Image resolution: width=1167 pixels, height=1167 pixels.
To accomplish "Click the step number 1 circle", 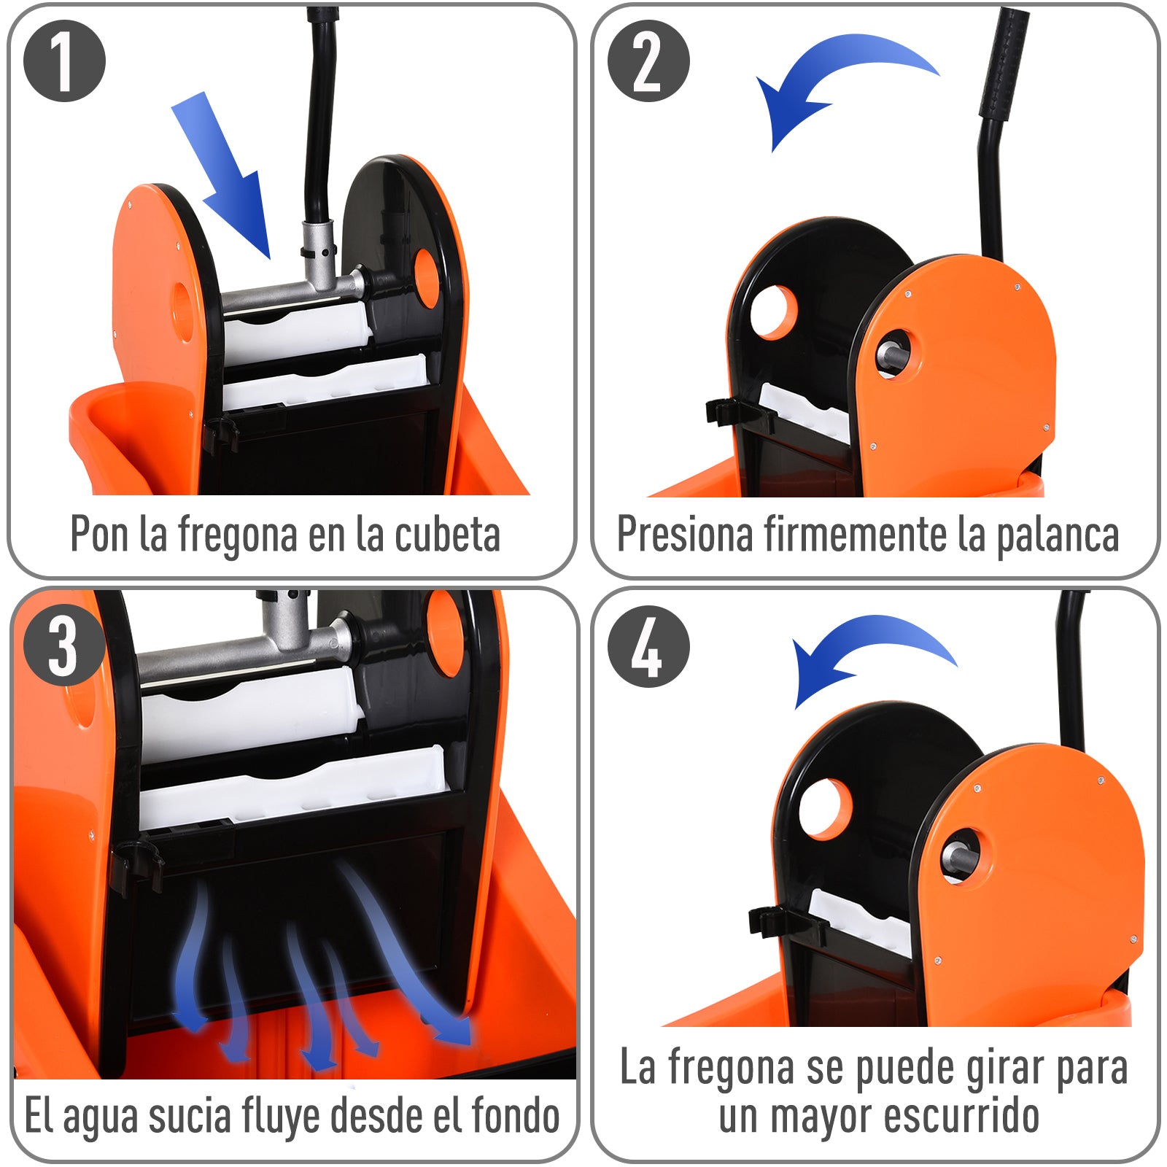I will coord(64,61).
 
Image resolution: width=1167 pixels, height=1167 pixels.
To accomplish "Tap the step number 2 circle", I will coord(648,61).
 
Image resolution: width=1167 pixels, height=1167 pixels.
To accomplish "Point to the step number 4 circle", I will coord(648,646).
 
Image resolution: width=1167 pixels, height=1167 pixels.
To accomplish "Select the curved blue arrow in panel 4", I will coord(868,653).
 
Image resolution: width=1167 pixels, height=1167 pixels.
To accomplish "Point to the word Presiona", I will coord(685,535).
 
